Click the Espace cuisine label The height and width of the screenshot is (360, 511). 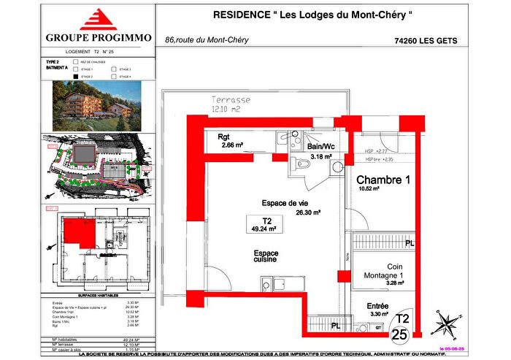click(x=266, y=256)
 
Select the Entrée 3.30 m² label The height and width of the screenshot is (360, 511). click(x=378, y=310)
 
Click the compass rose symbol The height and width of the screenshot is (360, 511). click(x=447, y=323)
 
